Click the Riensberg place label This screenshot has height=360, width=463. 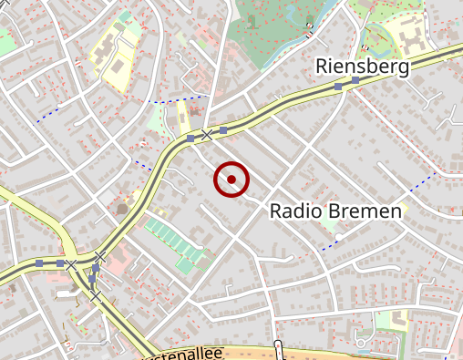click(362, 66)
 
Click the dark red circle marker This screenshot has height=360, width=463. click(231, 180)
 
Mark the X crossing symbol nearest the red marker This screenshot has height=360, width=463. click(207, 135)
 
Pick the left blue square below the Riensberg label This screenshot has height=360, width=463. click(338, 86)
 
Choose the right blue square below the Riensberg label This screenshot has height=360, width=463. click(355, 80)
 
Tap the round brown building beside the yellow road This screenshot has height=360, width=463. click(123, 209)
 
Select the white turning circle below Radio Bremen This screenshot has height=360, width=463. click(338, 238)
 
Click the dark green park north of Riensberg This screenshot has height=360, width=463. click(273, 32)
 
